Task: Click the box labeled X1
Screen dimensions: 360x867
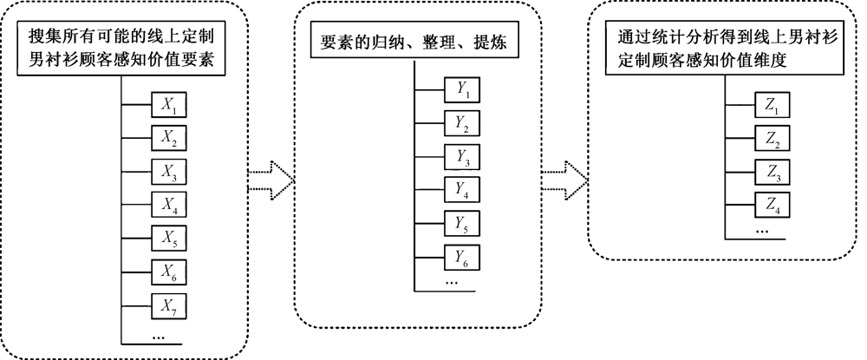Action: (168, 106)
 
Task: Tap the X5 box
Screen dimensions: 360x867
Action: (168, 238)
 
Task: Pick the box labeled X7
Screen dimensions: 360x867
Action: (168, 304)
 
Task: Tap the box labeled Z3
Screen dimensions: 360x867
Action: (772, 172)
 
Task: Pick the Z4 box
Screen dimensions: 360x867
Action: (772, 206)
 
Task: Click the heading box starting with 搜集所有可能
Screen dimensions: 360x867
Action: (121, 50)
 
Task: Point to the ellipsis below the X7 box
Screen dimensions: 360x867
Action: (160, 335)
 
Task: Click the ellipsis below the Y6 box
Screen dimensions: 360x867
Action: (453, 283)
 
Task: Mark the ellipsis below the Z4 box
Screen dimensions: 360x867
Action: (764, 232)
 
